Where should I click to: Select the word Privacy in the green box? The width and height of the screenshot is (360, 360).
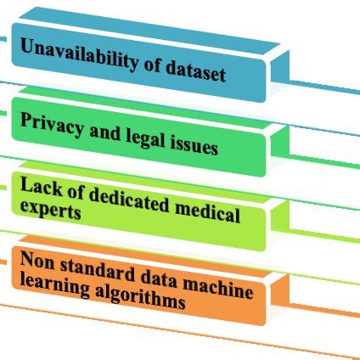point(48,122)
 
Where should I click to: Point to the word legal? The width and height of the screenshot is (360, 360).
point(137,137)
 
